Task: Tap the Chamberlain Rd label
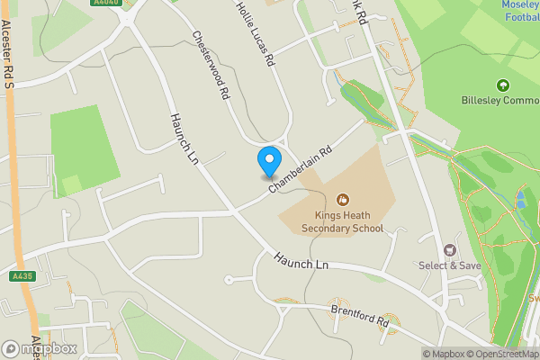click(301, 163)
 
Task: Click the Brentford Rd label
click(359, 315)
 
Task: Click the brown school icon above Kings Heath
click(342, 199)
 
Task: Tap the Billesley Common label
click(499, 100)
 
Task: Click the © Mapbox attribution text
click(444, 354)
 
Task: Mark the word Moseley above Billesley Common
click(517, 4)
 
